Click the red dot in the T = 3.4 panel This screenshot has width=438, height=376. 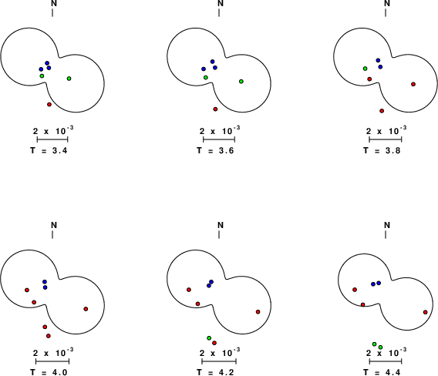click(49, 104)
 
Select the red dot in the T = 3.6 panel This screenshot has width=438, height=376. click(215, 109)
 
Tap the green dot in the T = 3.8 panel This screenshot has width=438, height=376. click(365, 69)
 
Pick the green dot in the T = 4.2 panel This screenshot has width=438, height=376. click(209, 338)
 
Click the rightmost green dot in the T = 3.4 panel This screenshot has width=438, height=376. click(69, 79)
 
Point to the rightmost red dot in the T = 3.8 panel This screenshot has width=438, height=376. click(413, 84)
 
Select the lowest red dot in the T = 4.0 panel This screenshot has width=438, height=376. click(49, 336)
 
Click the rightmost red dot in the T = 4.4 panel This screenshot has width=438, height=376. click(426, 312)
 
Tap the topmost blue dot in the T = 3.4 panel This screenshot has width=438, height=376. click(47, 63)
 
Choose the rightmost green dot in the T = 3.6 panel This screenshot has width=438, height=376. click(241, 81)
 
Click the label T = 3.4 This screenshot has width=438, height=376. click(49, 150)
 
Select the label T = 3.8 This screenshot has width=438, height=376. click(382, 150)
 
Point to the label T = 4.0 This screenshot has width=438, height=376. click(49, 372)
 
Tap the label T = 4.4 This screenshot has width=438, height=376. click(382, 372)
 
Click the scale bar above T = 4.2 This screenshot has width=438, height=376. click(219, 361)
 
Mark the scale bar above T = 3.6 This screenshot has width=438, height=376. click(219, 139)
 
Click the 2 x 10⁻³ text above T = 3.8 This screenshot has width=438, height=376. click(386, 130)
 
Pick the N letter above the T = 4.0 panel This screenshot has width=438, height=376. click(54, 225)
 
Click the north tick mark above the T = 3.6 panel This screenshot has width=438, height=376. click(219, 12)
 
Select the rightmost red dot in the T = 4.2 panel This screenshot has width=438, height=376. click(258, 312)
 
